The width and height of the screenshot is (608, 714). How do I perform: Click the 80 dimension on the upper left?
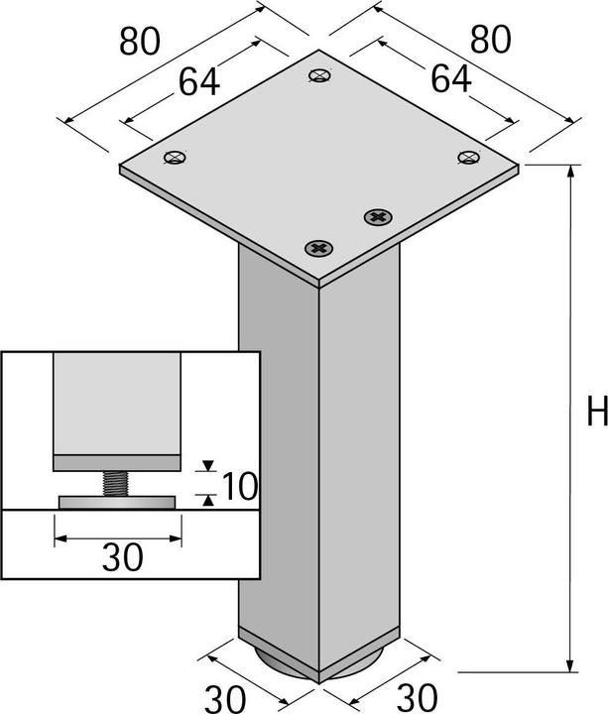point(142,42)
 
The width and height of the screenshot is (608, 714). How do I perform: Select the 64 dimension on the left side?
point(199,83)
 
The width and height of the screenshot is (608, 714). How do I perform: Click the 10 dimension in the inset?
point(239,486)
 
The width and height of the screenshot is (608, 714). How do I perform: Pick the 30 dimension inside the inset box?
point(122,558)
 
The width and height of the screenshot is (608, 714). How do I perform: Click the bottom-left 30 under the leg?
point(227,693)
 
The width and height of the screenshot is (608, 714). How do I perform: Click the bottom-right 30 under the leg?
point(416,693)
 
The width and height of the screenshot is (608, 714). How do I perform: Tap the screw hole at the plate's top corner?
point(319,74)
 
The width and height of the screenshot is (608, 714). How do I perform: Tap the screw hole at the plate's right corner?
point(468,156)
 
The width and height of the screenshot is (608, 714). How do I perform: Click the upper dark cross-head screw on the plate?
point(377,215)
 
